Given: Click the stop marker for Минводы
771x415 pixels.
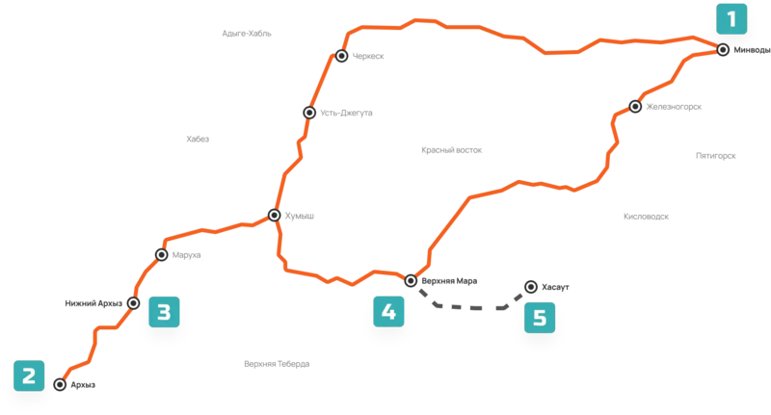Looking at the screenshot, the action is click(723, 50).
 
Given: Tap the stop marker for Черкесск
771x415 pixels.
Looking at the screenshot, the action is click(342, 56).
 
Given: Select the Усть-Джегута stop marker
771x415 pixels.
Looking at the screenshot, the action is click(309, 113).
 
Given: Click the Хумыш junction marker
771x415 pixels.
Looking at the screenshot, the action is click(275, 215).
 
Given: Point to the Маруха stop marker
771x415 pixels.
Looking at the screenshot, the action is click(161, 254).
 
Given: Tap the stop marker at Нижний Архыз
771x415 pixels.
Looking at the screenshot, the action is click(133, 303).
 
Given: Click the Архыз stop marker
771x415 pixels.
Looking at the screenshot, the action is click(60, 384).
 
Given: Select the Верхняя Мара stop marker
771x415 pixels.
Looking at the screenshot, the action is click(411, 280).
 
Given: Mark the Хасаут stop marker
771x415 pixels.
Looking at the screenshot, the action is click(531, 287).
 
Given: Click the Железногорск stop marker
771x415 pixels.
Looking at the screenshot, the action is click(635, 106).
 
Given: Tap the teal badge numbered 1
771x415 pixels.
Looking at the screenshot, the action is click(731, 19).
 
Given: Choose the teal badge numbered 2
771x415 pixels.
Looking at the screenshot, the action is click(29, 376).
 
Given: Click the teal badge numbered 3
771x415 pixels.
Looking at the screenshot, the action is click(164, 312).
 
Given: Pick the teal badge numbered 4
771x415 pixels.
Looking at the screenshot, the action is click(388, 311).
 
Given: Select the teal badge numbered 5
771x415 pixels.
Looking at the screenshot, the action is click(540, 318).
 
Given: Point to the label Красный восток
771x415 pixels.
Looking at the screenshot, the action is click(451, 150).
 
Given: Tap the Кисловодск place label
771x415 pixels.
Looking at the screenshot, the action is click(646, 216).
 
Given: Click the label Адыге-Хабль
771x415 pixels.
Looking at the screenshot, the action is click(247, 34).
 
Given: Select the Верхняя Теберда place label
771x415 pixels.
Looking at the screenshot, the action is click(277, 364).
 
